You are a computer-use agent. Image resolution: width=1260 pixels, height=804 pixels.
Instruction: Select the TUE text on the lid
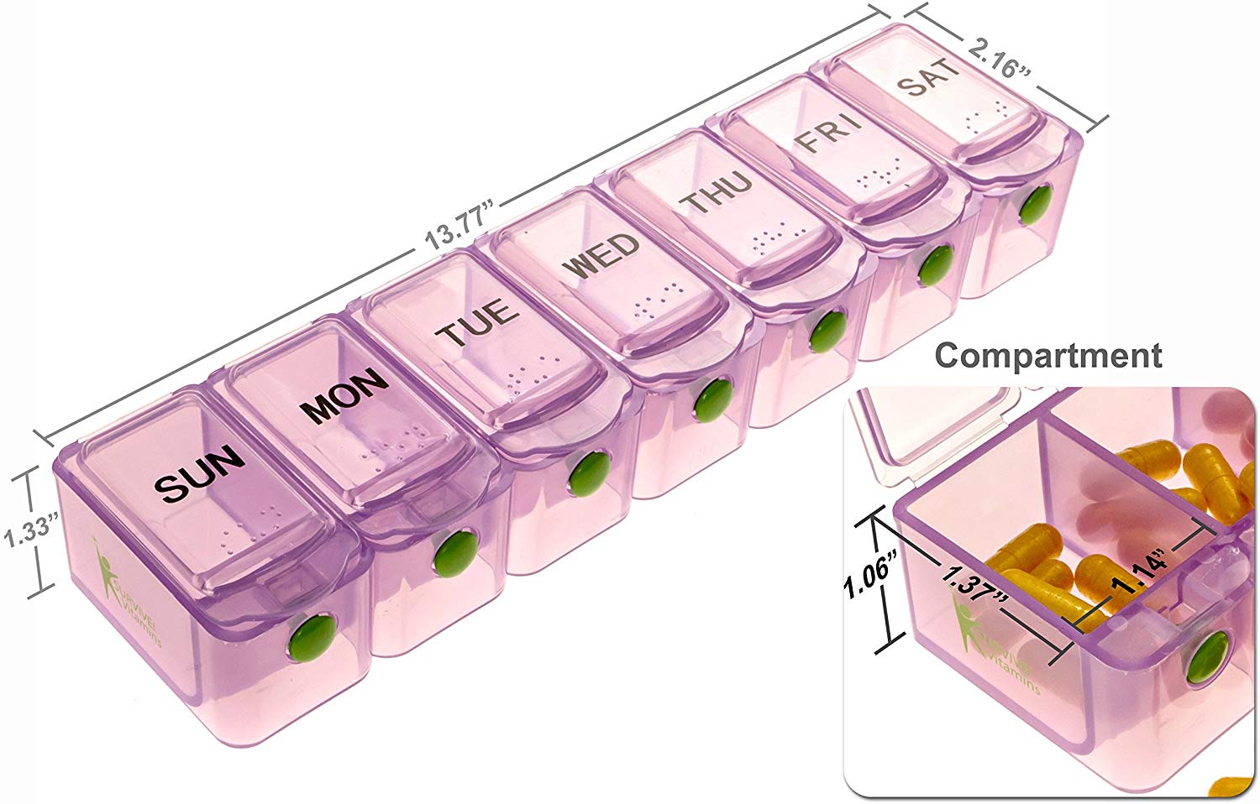(477, 322)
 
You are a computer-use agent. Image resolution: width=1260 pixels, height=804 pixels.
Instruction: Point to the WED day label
(604, 257)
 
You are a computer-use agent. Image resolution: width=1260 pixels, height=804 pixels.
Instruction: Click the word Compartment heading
(1048, 355)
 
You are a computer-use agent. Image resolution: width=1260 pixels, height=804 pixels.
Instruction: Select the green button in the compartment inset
(1206, 657)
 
